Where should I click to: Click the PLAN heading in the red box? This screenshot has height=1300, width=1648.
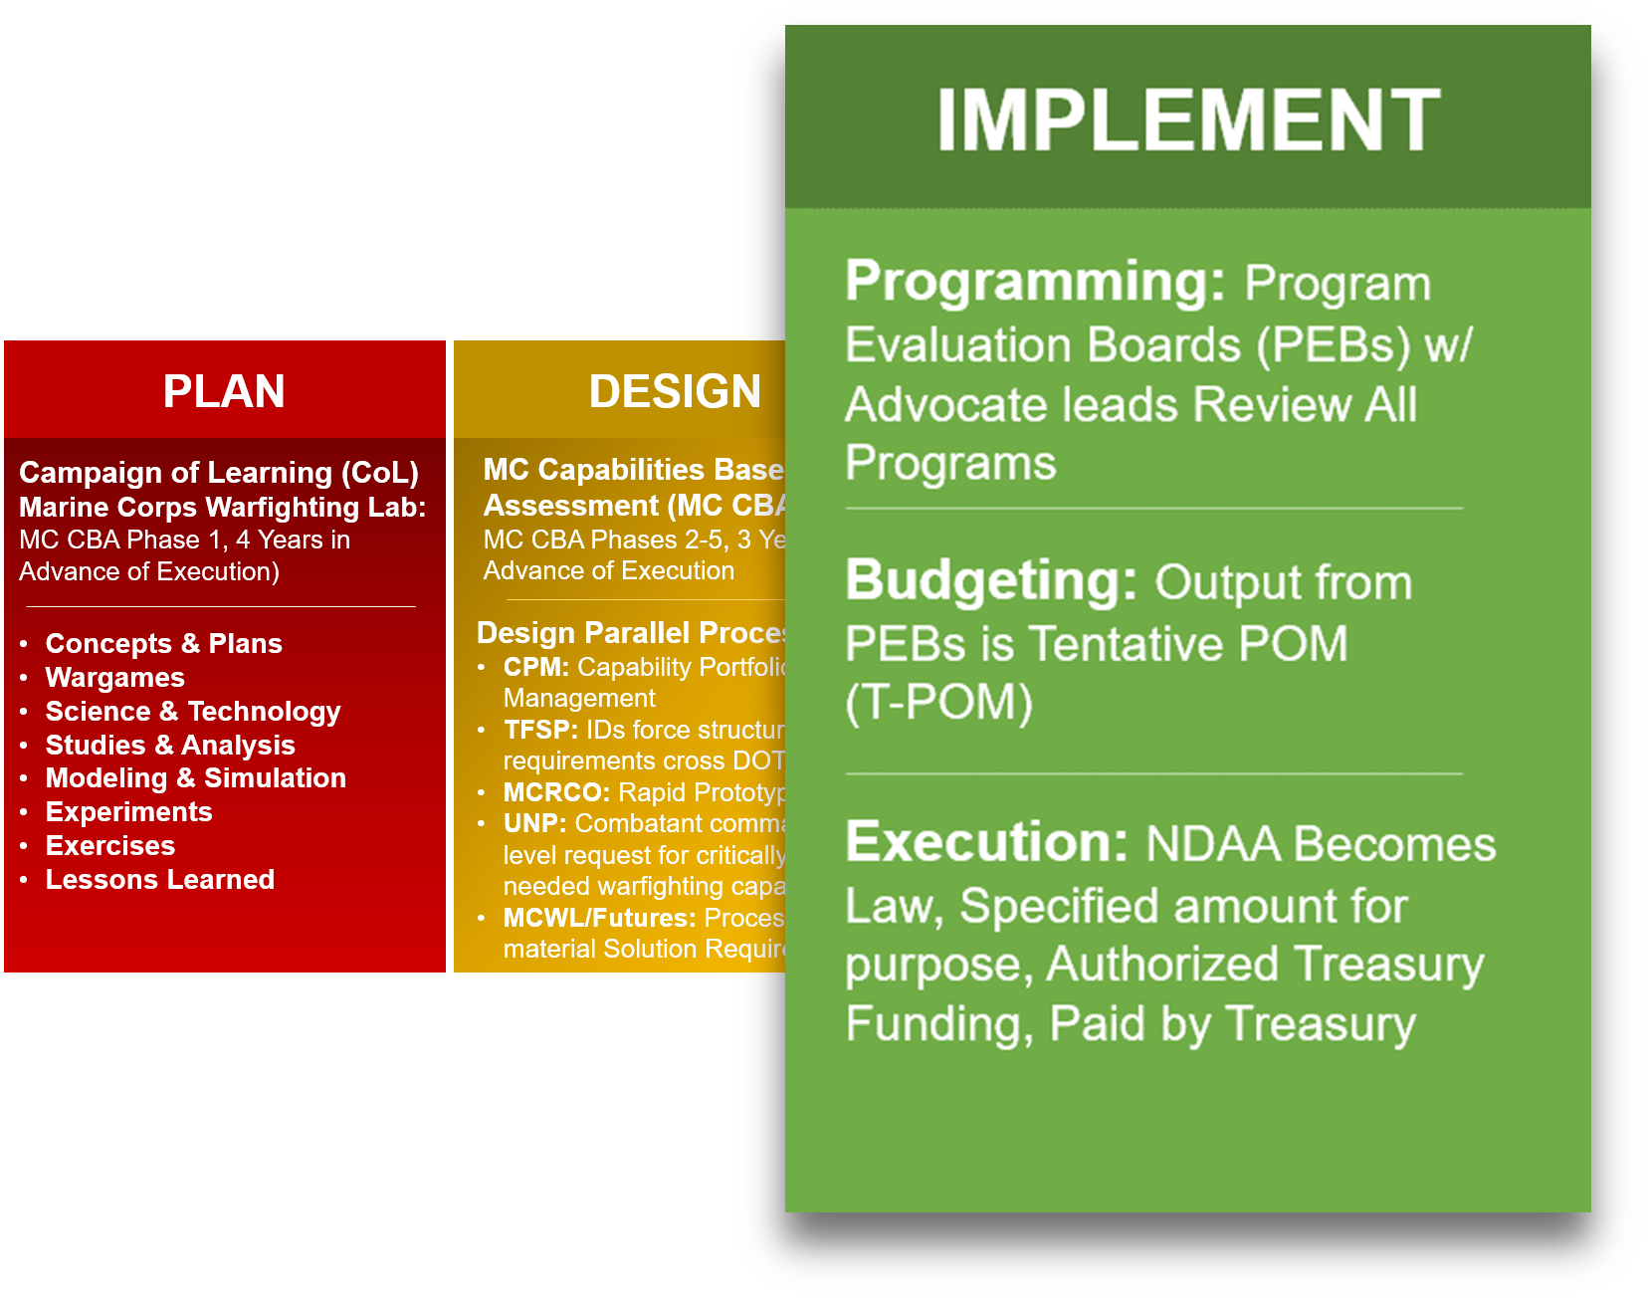click(224, 391)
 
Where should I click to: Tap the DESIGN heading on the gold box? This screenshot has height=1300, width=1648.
click(674, 391)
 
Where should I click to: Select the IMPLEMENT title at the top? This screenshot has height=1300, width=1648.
click(1187, 120)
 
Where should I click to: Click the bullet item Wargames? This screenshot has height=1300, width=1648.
click(114, 678)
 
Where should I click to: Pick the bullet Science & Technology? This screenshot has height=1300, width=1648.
click(192, 712)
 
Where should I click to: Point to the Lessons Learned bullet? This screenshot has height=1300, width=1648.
click(159, 880)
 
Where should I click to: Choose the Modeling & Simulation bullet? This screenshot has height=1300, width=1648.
click(195, 778)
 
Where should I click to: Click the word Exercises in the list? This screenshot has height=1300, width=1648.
click(109, 846)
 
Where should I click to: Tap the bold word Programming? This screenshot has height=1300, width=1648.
click(1034, 282)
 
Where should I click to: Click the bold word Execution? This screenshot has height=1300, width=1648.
click(986, 842)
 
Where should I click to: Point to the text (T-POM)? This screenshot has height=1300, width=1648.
click(938, 703)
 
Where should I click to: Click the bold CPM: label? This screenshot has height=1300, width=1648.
click(535, 667)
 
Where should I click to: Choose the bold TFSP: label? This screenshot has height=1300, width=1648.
click(540, 730)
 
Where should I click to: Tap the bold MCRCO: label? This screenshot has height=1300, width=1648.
click(556, 792)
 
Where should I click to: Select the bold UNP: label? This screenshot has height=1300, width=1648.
click(534, 824)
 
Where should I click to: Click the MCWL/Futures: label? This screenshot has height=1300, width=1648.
click(599, 918)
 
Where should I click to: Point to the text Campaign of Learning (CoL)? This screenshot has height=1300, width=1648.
click(218, 473)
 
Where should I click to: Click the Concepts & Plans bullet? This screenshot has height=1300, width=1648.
click(163, 644)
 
